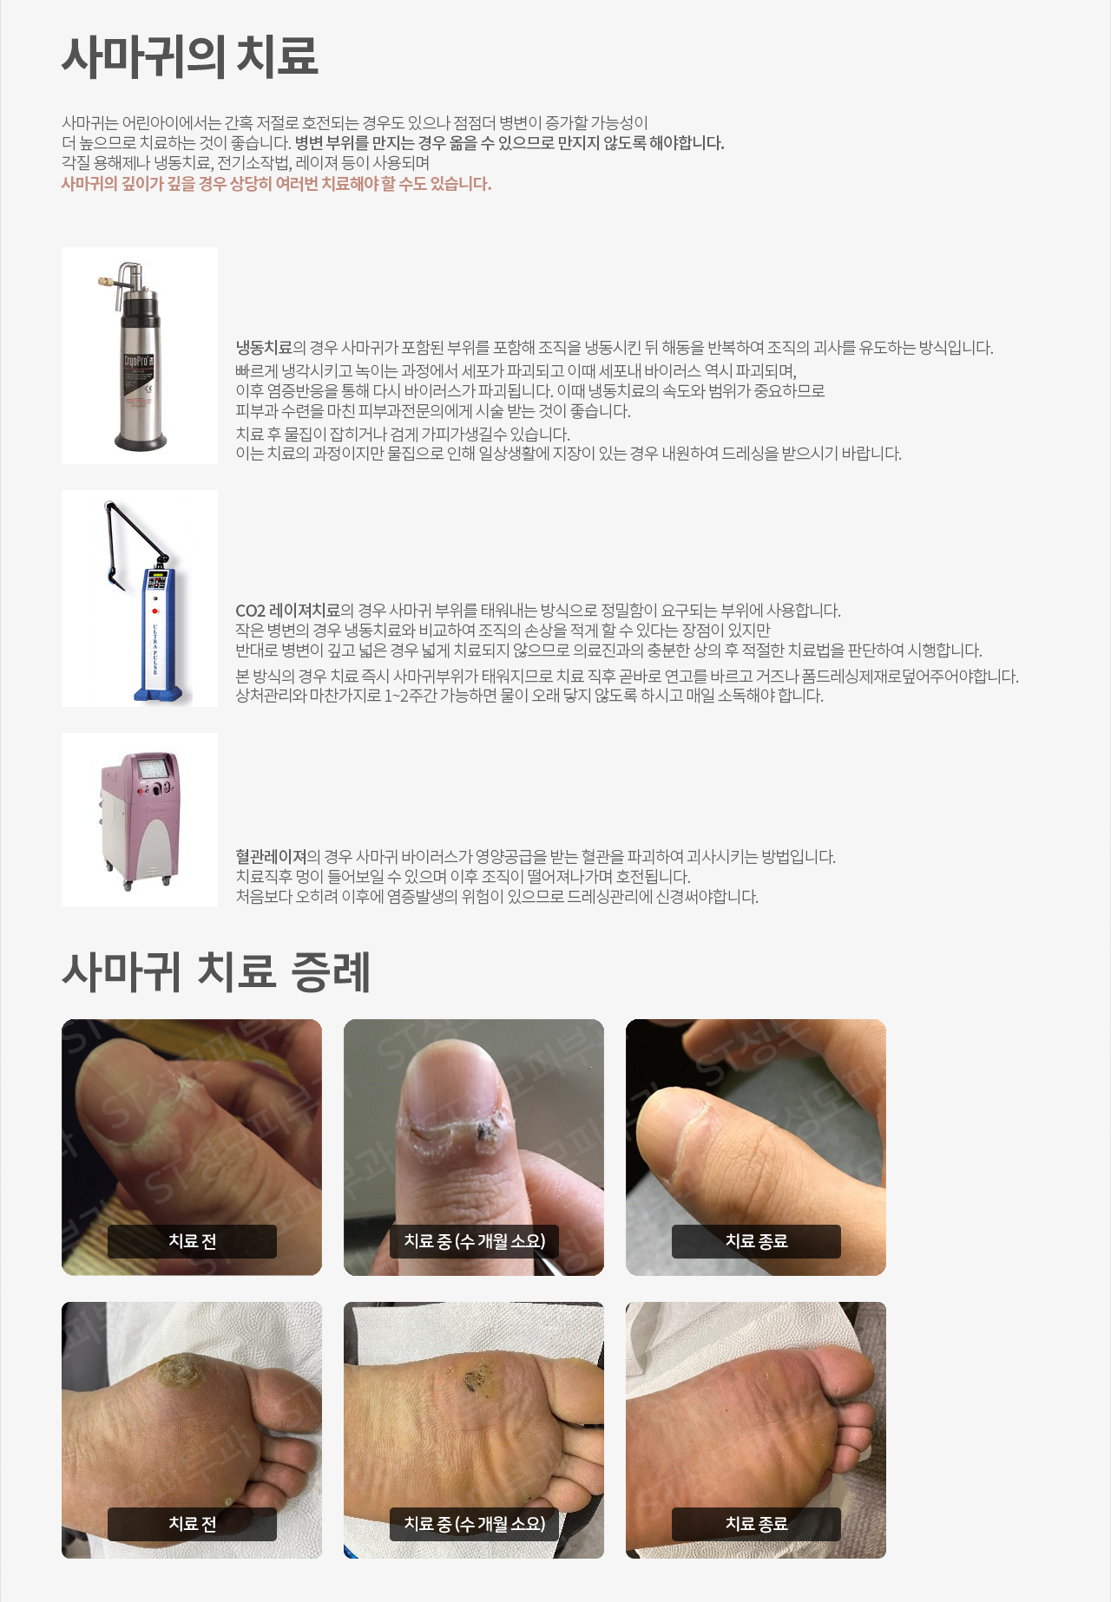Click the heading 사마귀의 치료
click(189, 56)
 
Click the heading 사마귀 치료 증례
click(216, 971)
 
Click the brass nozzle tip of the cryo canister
click(104, 281)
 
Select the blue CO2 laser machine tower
click(157, 633)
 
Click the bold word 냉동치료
click(264, 348)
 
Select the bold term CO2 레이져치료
click(287, 611)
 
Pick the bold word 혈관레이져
click(271, 857)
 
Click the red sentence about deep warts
click(276, 184)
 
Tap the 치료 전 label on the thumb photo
click(192, 1241)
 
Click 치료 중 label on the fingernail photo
click(474, 1241)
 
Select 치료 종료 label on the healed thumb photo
click(756, 1241)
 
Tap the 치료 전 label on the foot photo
click(192, 1524)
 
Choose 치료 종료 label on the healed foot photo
click(756, 1524)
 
